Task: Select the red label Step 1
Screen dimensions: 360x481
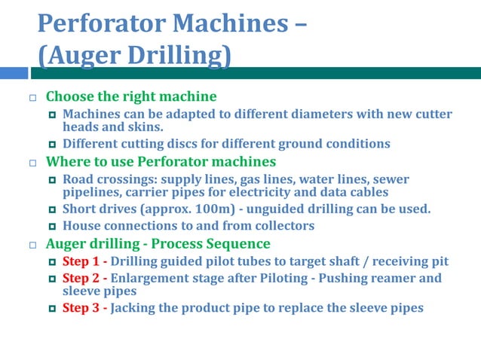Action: (x=81, y=262)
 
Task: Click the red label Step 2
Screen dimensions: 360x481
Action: (x=81, y=278)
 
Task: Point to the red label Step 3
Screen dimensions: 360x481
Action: (x=81, y=307)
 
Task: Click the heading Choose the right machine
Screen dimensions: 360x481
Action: (x=131, y=96)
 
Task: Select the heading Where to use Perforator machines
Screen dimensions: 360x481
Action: (x=161, y=161)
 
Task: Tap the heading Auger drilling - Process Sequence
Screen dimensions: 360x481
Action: (x=158, y=243)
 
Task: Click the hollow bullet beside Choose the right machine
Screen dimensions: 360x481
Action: (x=32, y=98)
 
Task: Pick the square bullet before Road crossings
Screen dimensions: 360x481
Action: (x=52, y=180)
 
